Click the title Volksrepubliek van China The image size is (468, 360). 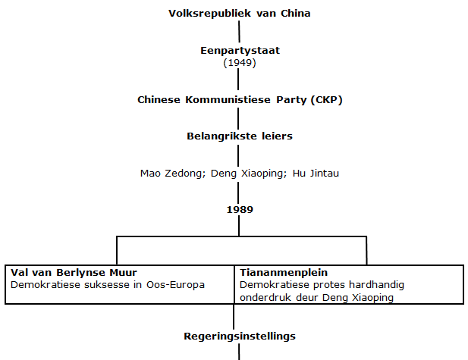239,13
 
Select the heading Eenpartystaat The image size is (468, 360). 239,51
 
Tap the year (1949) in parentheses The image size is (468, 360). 239,62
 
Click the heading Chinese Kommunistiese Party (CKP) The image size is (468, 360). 239,99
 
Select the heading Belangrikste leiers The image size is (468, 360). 239,136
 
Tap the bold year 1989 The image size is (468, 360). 239,209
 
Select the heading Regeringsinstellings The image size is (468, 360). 239,335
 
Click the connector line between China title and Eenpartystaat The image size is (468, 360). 239,31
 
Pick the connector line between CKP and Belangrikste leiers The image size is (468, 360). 239,117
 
